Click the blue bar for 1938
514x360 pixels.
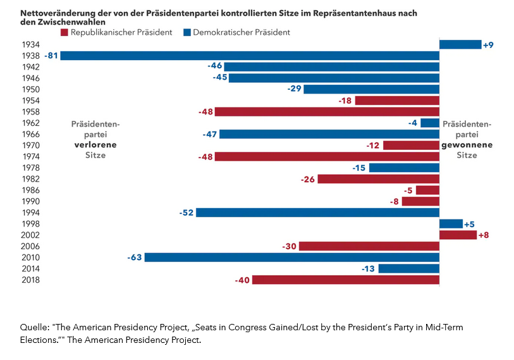tap(250, 56)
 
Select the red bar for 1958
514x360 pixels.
tap(327, 111)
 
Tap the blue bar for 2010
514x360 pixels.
tap(291, 258)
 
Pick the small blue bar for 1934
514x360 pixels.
tap(460, 44)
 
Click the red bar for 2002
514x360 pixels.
tap(458, 235)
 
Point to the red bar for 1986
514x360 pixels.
tap(427, 190)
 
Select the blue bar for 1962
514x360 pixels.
tap(430, 123)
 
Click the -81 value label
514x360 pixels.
tap(51, 56)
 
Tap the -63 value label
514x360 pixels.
tap(135, 258)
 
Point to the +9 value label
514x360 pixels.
tap(488, 45)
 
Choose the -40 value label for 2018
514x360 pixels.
tap(242, 280)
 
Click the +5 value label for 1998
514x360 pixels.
tap(469, 224)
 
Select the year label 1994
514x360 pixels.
tap(30, 213)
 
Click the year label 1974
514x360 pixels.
tap(30, 156)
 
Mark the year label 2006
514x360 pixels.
tap(30, 246)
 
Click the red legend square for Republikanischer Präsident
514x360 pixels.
tap(64, 32)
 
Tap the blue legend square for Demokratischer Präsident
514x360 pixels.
tap(187, 32)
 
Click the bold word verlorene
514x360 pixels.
tap(95, 144)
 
